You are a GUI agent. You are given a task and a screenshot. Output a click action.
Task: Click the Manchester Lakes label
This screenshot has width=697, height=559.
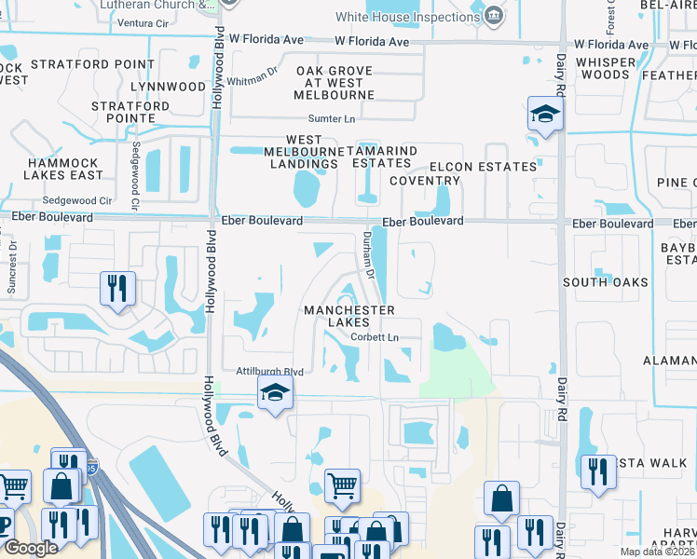(347, 316)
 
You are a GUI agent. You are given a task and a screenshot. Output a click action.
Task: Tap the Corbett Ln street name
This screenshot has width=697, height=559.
(375, 337)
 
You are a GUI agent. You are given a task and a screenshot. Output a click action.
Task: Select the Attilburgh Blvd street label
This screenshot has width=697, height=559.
(269, 370)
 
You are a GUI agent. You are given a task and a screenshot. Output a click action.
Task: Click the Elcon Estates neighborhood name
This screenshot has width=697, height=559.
(493, 167)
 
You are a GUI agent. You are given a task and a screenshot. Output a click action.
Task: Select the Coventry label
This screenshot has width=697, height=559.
(425, 181)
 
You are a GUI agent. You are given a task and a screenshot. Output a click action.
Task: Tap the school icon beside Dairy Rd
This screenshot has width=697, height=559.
(545, 115)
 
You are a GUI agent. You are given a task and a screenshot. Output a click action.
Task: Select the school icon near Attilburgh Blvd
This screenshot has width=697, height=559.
(275, 394)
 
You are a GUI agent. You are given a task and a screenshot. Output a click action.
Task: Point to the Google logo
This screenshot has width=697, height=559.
(30, 548)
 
